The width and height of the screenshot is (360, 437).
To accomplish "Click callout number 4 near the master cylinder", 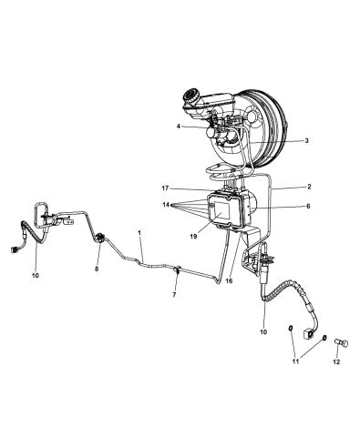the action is point(179,126).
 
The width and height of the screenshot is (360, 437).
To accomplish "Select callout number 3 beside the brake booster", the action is point(306,140).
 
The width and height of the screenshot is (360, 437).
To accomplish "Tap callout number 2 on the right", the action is point(309,187).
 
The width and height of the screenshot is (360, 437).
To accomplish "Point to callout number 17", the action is point(165,188).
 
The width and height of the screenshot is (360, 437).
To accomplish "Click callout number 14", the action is point(166,205).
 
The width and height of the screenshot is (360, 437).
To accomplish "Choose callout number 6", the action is point(308,207).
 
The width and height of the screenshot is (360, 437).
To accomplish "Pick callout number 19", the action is point(193,236).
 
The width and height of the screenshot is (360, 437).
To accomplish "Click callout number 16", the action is point(229,281).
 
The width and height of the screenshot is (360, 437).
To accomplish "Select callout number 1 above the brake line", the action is point(139,233).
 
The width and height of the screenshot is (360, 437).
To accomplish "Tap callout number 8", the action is point(97,269).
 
